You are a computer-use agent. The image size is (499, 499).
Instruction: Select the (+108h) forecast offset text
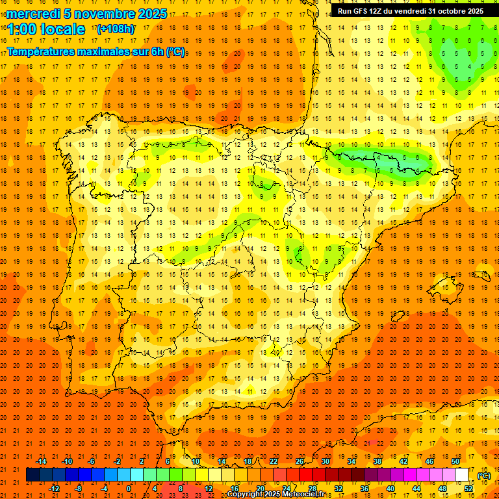[x=116, y=29]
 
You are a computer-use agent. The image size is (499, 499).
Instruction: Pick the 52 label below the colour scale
[x=468, y=489]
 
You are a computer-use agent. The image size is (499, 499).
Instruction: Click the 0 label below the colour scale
[x=129, y=489]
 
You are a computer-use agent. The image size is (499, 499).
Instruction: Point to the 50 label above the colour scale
[x=455, y=461]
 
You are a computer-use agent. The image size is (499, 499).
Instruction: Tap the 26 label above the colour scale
[x=300, y=461]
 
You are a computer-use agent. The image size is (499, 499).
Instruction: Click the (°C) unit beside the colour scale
[x=484, y=476]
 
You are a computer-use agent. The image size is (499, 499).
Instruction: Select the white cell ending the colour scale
[x=462, y=475]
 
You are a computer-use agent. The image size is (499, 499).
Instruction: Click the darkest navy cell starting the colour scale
[x=32, y=475]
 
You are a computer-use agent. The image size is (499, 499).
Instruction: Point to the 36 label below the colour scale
[x=365, y=489]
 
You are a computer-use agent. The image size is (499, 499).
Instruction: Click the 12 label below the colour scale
[x=209, y=489]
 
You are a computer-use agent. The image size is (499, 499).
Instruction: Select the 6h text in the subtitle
[x=157, y=51]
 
